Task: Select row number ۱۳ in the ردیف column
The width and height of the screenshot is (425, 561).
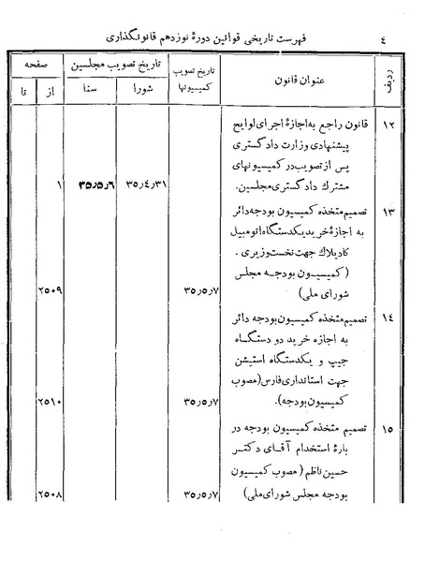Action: (391, 214)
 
